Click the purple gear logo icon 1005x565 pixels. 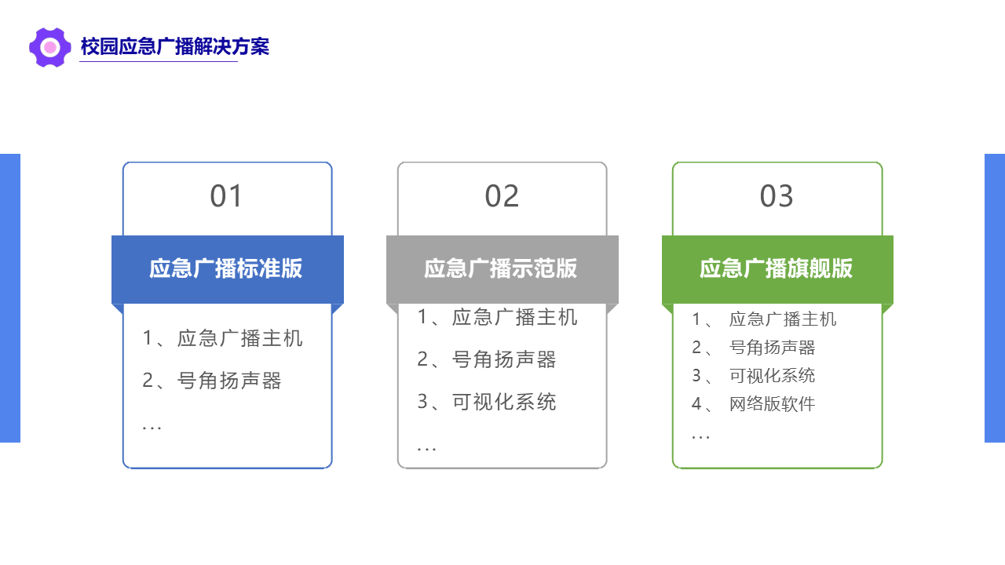[49, 47]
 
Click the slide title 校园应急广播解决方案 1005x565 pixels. [175, 46]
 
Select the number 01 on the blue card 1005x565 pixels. [226, 196]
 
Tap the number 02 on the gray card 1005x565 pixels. [502, 196]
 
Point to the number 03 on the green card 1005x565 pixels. [777, 196]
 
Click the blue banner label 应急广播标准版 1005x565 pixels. [225, 268]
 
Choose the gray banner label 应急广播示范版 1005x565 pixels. [501, 268]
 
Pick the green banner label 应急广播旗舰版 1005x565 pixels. [777, 268]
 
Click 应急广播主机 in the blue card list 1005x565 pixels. [240, 338]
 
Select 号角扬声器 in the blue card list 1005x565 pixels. [229, 381]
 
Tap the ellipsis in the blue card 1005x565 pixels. [152, 428]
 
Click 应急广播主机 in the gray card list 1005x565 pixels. [514, 317]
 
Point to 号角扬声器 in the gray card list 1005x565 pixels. [504, 359]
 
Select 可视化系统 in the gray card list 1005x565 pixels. [504, 402]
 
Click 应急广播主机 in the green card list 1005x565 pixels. [783, 319]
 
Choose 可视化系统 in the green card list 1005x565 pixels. [772, 376]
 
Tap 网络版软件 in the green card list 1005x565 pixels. [772, 404]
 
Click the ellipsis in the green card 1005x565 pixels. [701, 437]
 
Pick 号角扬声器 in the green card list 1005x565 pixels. [772, 348]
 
